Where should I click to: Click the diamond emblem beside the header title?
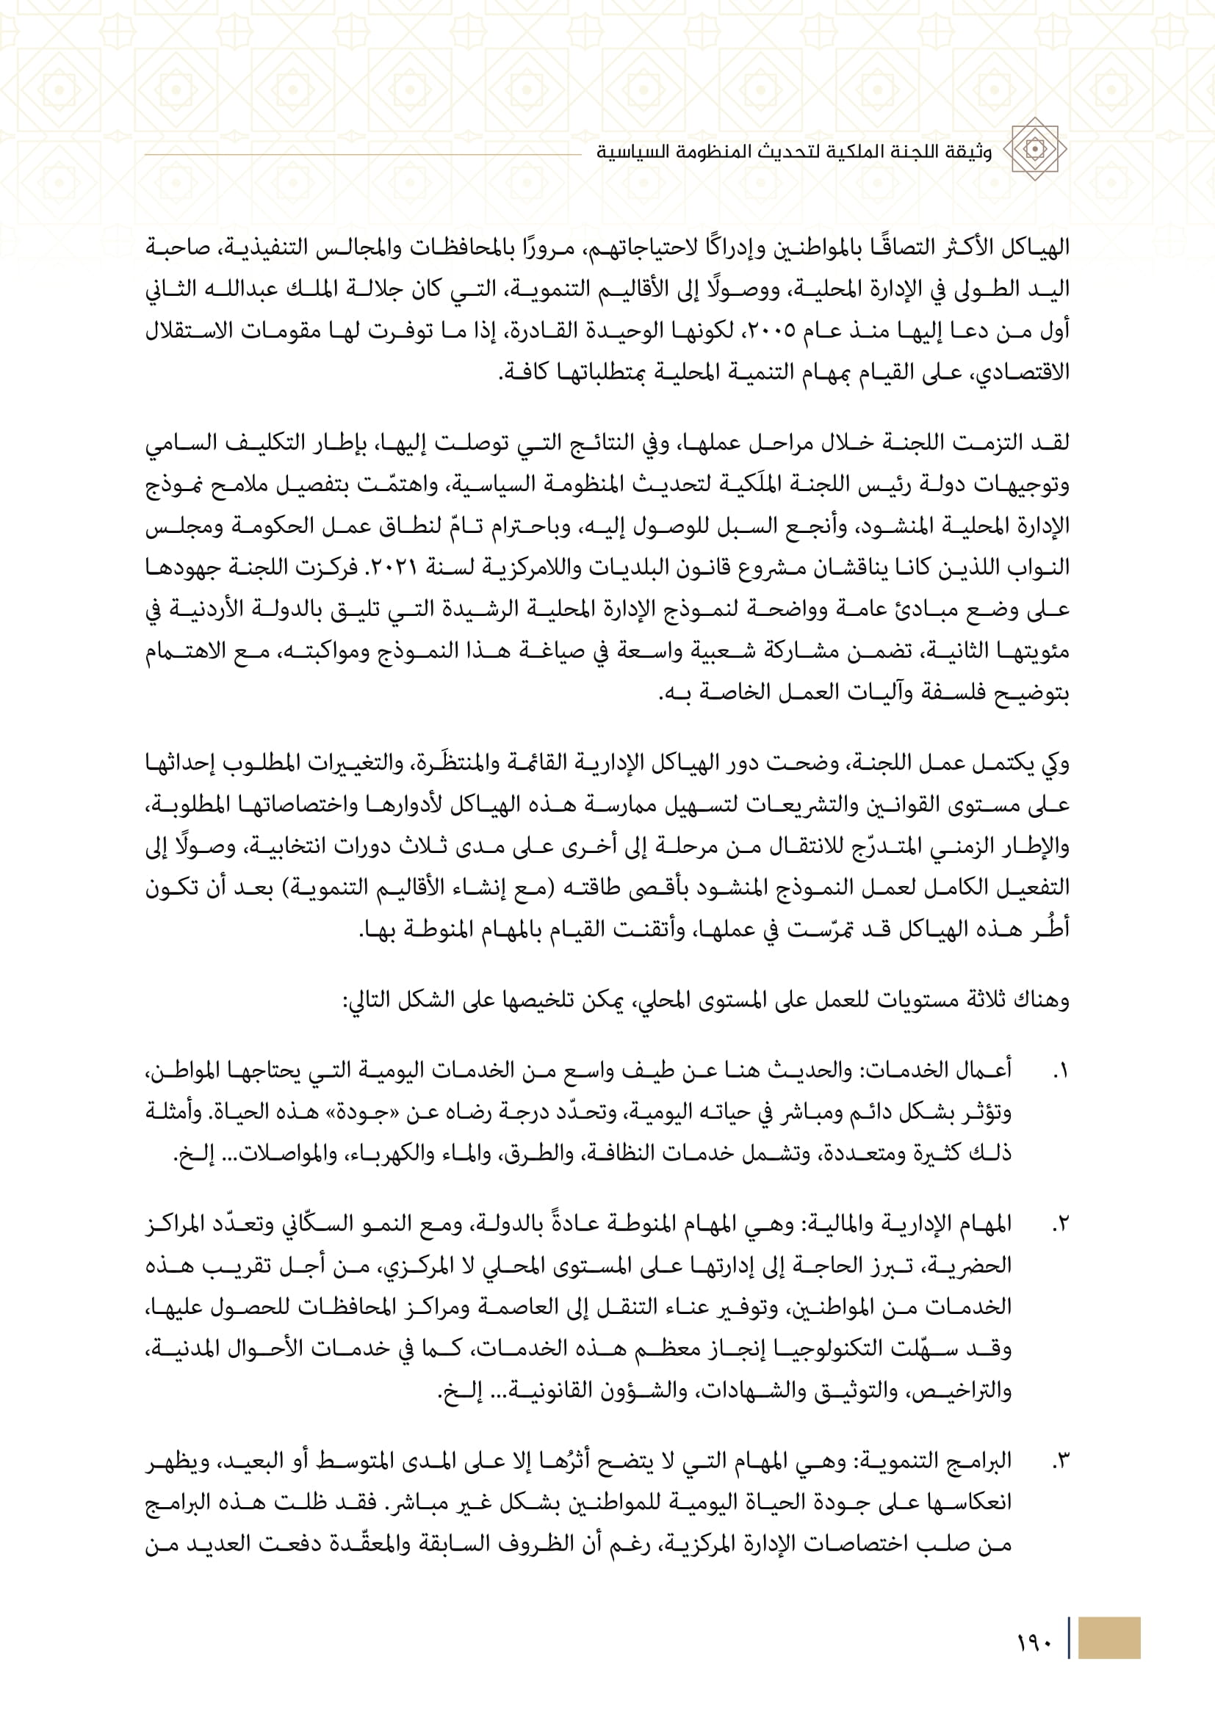tap(1035, 150)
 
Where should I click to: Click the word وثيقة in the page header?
tap(970, 152)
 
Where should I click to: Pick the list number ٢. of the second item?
tap(1059, 1225)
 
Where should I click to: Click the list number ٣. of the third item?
tap(1059, 1461)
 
